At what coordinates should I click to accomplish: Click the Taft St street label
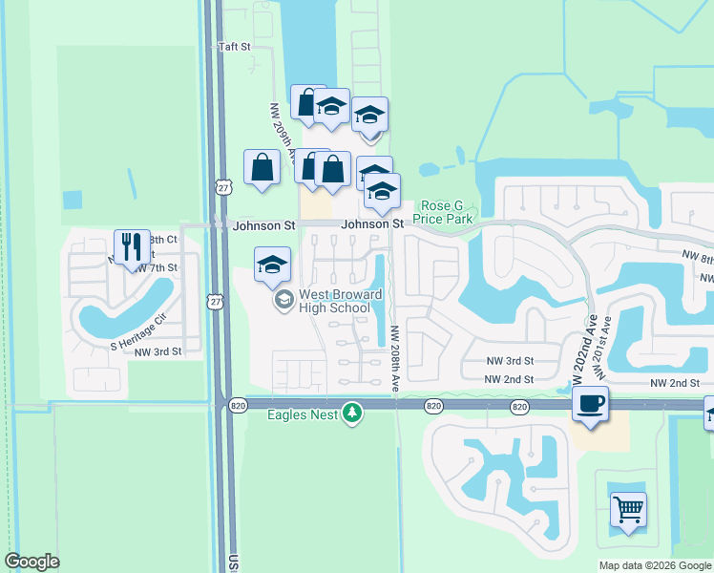pyautogui.click(x=233, y=46)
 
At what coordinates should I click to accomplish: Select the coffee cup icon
pyautogui.click(x=590, y=405)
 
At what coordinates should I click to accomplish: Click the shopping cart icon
pyautogui.click(x=628, y=509)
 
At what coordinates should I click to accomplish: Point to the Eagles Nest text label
pyautogui.click(x=303, y=414)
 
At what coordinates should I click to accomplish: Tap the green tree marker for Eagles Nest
pyautogui.click(x=353, y=414)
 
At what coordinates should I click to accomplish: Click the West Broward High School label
pyautogui.click(x=334, y=301)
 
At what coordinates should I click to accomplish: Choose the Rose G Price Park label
pyautogui.click(x=443, y=212)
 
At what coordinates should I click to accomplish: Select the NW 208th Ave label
pyautogui.click(x=394, y=358)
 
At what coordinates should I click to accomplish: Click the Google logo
pyautogui.click(x=31, y=562)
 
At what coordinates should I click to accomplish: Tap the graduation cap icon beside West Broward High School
pyautogui.click(x=272, y=264)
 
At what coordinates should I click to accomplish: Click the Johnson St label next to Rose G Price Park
pyautogui.click(x=372, y=223)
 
